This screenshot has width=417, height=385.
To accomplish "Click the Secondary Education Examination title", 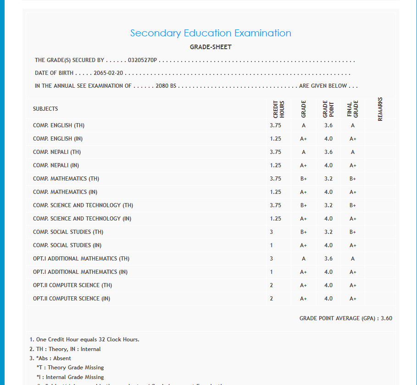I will tap(211, 33).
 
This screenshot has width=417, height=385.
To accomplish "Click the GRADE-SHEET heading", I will tap(211, 47).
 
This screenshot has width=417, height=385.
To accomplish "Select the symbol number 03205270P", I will tap(143, 60).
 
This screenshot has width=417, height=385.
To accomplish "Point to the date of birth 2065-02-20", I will tap(109, 73).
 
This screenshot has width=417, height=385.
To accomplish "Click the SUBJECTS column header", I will tap(45, 109).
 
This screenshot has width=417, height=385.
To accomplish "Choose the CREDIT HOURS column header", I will tap(279, 110).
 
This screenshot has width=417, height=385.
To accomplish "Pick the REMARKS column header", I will tap(380, 109).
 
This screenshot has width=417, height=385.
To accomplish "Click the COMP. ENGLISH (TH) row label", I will tap(59, 125).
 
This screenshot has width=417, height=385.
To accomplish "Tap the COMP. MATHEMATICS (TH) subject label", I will tap(66, 179).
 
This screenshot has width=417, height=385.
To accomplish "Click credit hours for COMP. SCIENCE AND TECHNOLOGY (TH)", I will tap(276, 205).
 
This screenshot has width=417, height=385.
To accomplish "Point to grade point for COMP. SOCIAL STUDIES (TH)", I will tap(328, 232).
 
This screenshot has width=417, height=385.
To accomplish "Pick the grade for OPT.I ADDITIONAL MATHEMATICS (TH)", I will tap(304, 259).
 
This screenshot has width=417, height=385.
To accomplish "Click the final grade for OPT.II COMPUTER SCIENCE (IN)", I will tap(353, 299).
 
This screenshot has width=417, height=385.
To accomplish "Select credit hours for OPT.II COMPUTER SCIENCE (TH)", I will tap(272, 285).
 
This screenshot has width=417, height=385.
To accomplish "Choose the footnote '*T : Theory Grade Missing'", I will tap(70, 368).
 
